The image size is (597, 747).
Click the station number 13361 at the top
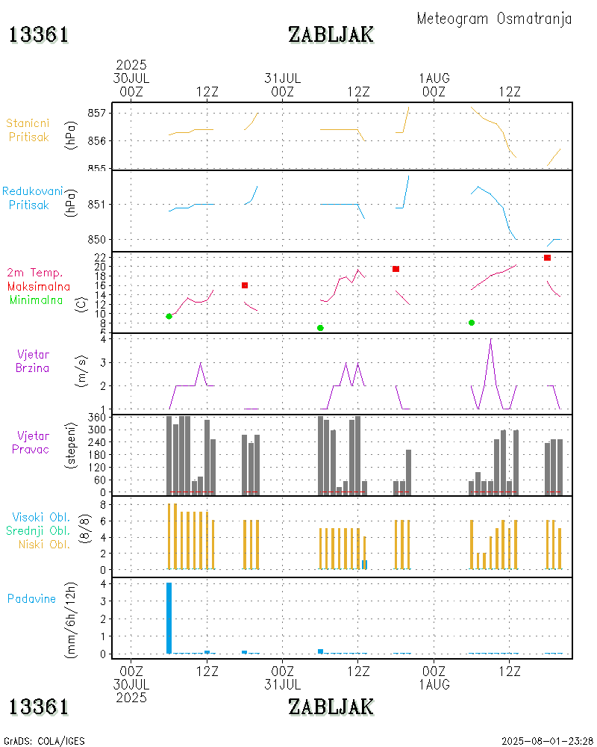tap(39, 34)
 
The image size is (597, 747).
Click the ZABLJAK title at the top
tap(331, 34)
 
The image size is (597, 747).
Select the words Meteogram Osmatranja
tap(494, 19)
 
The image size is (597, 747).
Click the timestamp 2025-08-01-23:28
tap(547, 741)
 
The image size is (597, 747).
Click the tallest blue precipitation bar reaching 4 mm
tap(169, 618)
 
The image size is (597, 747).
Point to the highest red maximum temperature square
tap(547, 258)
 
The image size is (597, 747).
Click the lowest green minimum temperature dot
tap(320, 328)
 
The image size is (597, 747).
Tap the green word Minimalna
tap(37, 300)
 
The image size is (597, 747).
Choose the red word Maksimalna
tap(39, 286)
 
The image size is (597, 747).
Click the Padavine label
tap(31, 598)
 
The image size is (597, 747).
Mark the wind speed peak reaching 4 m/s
tap(490, 340)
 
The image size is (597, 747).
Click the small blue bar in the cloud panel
tap(364, 564)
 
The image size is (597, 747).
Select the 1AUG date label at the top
tap(434, 78)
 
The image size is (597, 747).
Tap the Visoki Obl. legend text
tap(41, 517)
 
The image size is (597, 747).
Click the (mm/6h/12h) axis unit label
tap(72, 616)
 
